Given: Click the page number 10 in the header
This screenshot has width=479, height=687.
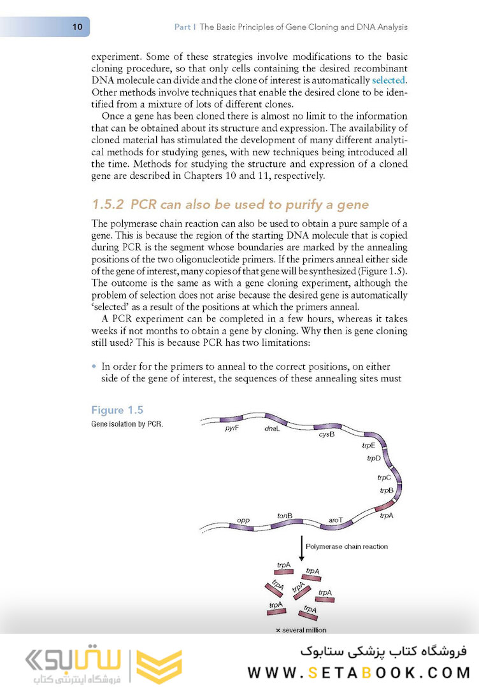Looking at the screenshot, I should click(77, 27).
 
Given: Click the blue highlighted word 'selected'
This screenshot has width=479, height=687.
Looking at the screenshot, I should click(389, 80).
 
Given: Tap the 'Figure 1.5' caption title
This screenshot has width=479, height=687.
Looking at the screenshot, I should click(117, 410).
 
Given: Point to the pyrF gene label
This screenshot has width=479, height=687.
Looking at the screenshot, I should click(232, 430).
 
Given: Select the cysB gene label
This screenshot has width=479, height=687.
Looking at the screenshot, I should click(327, 435).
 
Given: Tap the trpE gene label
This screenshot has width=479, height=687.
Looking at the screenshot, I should click(369, 446).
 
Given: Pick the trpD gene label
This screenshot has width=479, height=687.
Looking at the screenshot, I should click(373, 458).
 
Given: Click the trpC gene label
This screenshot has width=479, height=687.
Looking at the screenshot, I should click(383, 478).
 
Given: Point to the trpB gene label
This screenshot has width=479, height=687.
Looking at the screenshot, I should click(386, 490).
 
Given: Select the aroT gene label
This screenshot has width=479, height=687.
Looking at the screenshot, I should click(336, 520).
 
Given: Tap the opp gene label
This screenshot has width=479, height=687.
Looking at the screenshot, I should click(243, 520).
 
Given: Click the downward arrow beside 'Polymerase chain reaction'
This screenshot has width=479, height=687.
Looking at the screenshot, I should click(301, 548).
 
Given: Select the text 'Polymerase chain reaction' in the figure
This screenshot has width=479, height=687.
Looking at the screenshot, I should click(347, 546).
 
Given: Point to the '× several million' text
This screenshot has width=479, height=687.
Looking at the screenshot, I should click(301, 630).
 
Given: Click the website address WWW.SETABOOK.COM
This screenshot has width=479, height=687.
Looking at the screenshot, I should click(359, 672).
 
